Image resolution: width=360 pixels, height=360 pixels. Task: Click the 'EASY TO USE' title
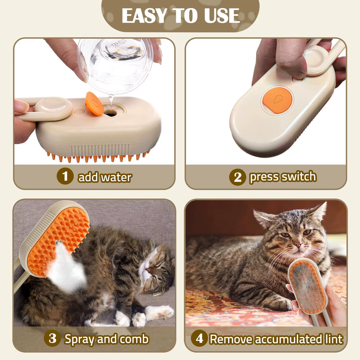click(x=180, y=15)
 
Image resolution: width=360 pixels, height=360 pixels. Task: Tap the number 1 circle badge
click(x=65, y=176)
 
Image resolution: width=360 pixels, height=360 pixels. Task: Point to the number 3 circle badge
click(x=52, y=339)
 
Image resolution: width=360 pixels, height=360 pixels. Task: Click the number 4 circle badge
click(x=199, y=339)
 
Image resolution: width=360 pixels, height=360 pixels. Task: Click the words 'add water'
click(x=105, y=177)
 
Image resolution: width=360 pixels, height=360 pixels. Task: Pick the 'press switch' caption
click(x=283, y=177)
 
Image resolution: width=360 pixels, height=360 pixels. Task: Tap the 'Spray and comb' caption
click(x=107, y=339)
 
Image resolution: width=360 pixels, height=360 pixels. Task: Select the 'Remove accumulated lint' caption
click(x=276, y=339)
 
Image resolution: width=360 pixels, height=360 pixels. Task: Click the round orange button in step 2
click(x=277, y=100)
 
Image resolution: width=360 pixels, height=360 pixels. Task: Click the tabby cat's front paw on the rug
click(x=281, y=303)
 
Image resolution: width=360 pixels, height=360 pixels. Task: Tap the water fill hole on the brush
click(x=111, y=113)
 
